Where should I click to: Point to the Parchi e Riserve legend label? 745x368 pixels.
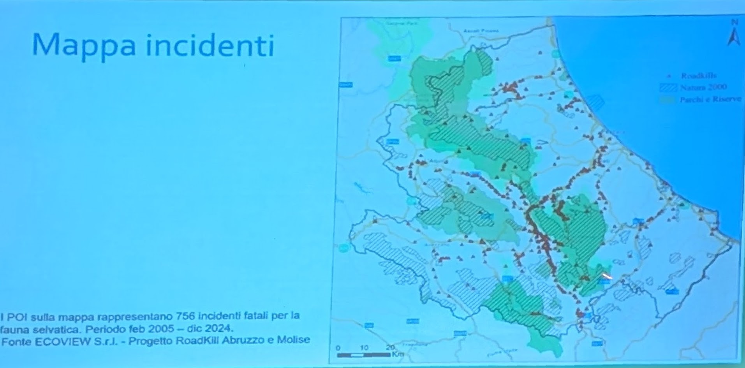(710, 100)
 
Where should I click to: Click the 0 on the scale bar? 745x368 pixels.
(338, 347)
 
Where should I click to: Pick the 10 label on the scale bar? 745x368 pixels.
(365, 347)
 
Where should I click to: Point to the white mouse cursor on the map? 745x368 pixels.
(607, 276)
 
